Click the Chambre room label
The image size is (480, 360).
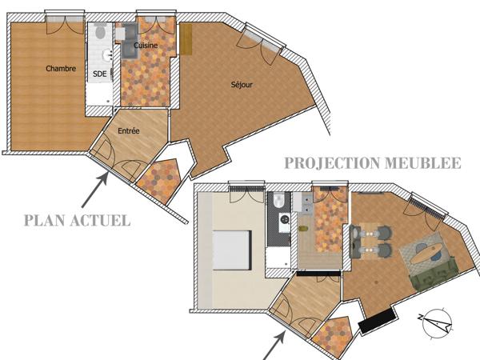coord(61,69)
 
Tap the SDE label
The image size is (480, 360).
coord(100,74)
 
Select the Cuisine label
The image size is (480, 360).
coord(145,46)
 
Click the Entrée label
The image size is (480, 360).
coord(130,130)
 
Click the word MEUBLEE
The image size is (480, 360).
coord(431,163)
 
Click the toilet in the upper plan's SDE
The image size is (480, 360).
coord(99,33)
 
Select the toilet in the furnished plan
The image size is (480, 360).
coord(276,201)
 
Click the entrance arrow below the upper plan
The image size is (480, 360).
coord(94,191)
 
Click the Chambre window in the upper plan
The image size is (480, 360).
coord(60,20)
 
